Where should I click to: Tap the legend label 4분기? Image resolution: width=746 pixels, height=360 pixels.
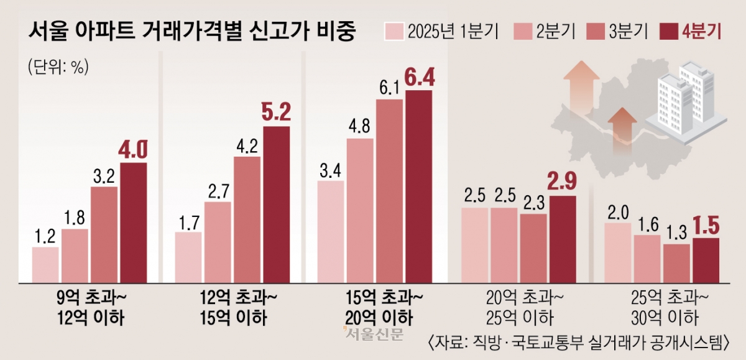click(x=701, y=31)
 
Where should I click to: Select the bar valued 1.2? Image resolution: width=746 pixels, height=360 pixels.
click(x=45, y=264)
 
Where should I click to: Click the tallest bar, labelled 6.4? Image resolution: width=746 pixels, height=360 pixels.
click(x=418, y=186)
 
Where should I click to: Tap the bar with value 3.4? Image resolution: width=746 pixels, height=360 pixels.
click(x=330, y=231)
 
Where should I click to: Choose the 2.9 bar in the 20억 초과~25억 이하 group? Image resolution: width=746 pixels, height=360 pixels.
click(x=563, y=238)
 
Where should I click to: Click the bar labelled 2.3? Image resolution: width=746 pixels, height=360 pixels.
click(x=533, y=247)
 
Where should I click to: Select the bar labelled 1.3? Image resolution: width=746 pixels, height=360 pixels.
click(x=676, y=262)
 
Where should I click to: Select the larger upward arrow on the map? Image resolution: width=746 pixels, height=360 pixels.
click(x=581, y=93)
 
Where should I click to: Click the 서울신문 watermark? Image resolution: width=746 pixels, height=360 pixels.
click(x=374, y=334)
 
